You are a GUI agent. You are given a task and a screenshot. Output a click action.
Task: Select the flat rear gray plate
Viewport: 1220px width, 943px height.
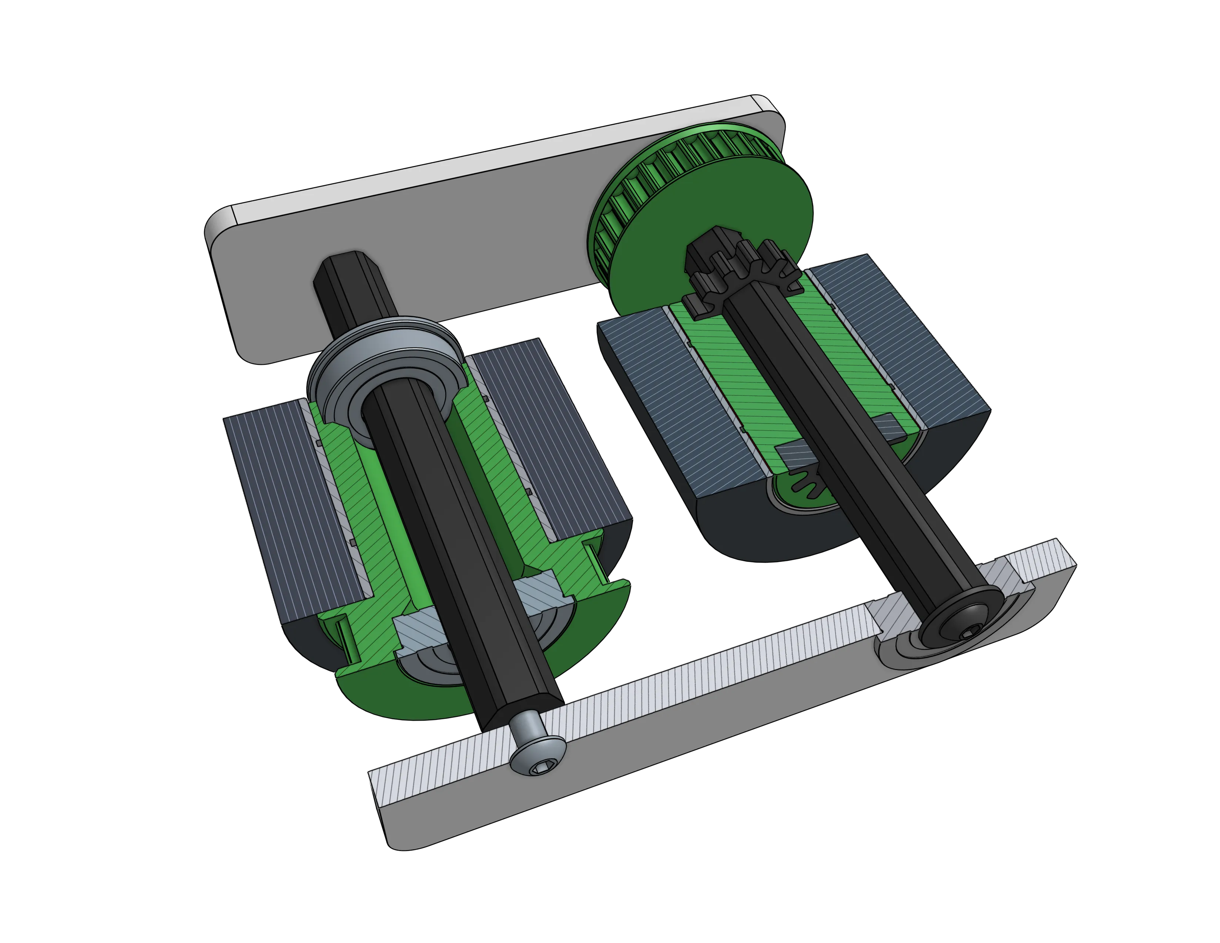(447, 235)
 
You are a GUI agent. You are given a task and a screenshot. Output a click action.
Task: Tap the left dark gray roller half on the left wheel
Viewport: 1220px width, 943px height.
(291, 503)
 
